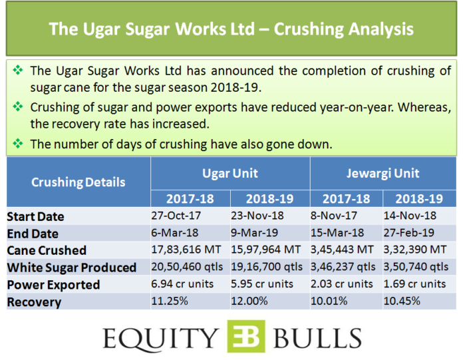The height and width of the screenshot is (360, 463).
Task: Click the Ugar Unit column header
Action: [230, 174]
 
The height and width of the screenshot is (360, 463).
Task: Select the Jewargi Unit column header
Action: [383, 174]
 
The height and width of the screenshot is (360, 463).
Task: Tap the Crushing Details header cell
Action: [78, 182]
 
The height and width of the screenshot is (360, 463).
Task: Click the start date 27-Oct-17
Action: [176, 216]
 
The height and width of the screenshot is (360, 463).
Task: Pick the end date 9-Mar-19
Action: [255, 233]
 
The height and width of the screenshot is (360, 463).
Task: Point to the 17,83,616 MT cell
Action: [186, 250]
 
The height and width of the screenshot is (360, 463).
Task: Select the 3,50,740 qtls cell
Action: [416, 267]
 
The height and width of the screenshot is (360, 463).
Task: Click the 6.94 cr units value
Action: [182, 284]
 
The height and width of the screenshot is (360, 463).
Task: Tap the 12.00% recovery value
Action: [249, 301]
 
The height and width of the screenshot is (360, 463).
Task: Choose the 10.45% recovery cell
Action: [402, 301]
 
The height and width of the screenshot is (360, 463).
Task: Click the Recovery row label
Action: [34, 302]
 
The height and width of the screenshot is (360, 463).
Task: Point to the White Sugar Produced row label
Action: [72, 268]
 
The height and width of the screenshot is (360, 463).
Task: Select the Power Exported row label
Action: [53, 285]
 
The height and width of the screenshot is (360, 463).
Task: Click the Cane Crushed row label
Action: [47, 250]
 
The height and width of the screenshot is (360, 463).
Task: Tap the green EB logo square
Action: [246, 336]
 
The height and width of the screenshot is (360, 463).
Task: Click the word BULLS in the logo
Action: [317, 338]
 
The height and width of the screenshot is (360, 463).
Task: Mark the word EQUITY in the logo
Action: [160, 339]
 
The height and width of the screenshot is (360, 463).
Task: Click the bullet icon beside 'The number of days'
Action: [18, 144]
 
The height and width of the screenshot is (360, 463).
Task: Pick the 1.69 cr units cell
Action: [414, 284]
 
